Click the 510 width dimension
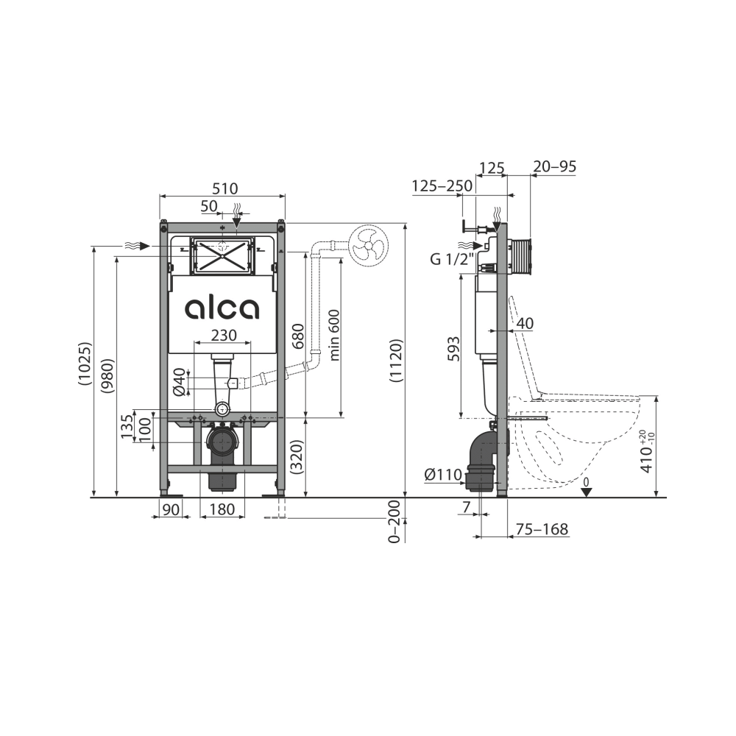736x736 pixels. click(222, 188)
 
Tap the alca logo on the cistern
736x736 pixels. click(222, 308)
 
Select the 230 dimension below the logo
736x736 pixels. click(224, 335)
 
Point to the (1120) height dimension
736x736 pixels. click(395, 361)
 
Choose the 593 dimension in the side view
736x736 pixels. click(453, 348)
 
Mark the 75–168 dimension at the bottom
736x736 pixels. click(542, 529)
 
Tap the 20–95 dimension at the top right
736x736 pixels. click(554, 167)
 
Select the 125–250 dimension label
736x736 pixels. click(442, 186)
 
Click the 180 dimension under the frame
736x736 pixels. click(222, 509)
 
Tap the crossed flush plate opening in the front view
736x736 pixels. click(222, 255)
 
